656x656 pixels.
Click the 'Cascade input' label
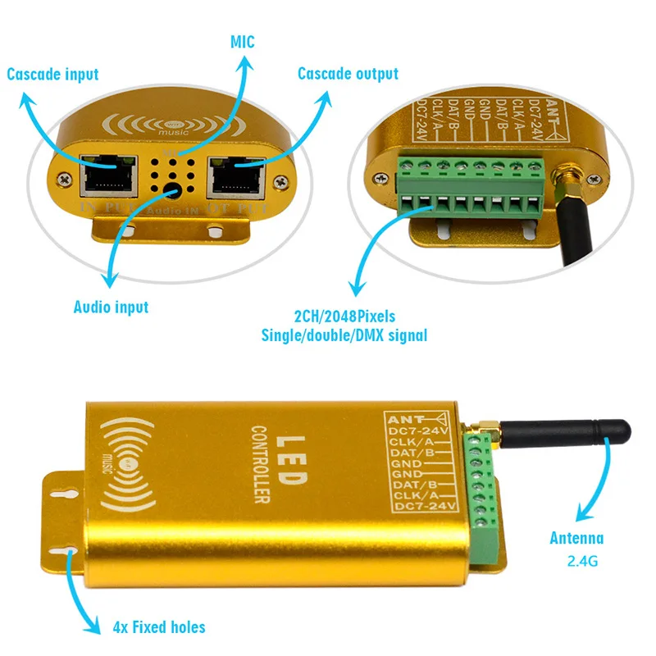click(x=52, y=75)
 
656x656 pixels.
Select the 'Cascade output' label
click(x=348, y=74)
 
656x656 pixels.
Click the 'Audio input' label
click(x=111, y=307)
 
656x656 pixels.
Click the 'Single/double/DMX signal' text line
click(x=344, y=335)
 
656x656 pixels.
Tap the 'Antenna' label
click(x=576, y=538)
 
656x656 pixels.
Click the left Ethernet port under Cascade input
click(x=109, y=175)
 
